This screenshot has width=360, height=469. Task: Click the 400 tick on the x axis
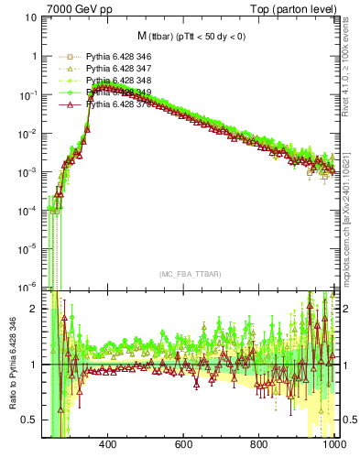tap(107, 446)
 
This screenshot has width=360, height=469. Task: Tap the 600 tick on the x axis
tap(183, 446)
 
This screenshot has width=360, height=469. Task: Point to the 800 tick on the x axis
tap(259, 446)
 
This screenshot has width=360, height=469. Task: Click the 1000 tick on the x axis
tap(333, 446)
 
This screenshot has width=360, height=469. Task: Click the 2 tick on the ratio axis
tap(34, 309)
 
